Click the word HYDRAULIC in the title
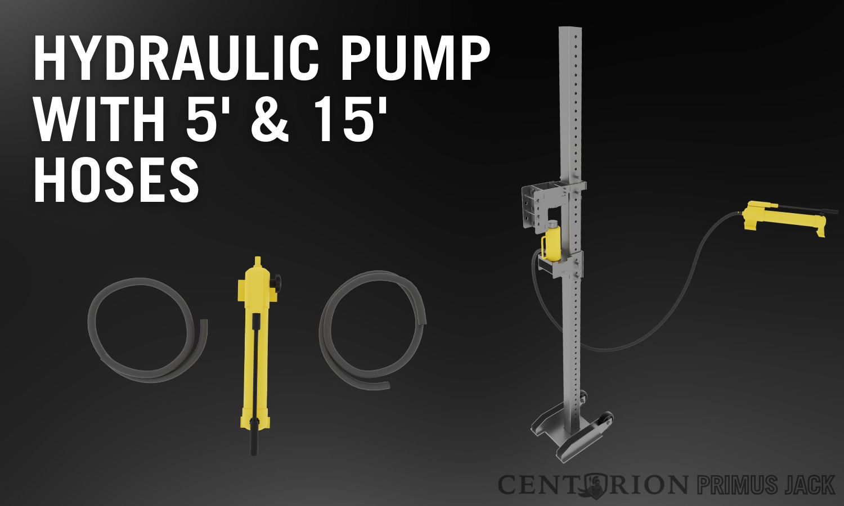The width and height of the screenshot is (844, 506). point(176,59)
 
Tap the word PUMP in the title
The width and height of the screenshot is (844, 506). point(415,59)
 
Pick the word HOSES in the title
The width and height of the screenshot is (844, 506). point(116,180)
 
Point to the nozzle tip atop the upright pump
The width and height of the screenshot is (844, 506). point(257,261)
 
